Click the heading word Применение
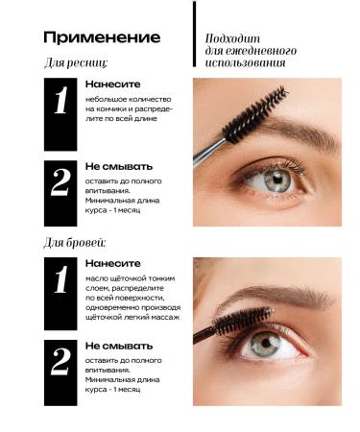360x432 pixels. coord(100,37)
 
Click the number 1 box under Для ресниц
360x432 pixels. coord(61,114)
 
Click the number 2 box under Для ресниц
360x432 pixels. coord(61,193)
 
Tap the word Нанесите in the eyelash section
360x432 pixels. coord(112,84)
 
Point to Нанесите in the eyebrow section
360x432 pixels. coord(112,262)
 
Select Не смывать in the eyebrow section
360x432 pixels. coord(117,344)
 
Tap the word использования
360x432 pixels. coord(247,62)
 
